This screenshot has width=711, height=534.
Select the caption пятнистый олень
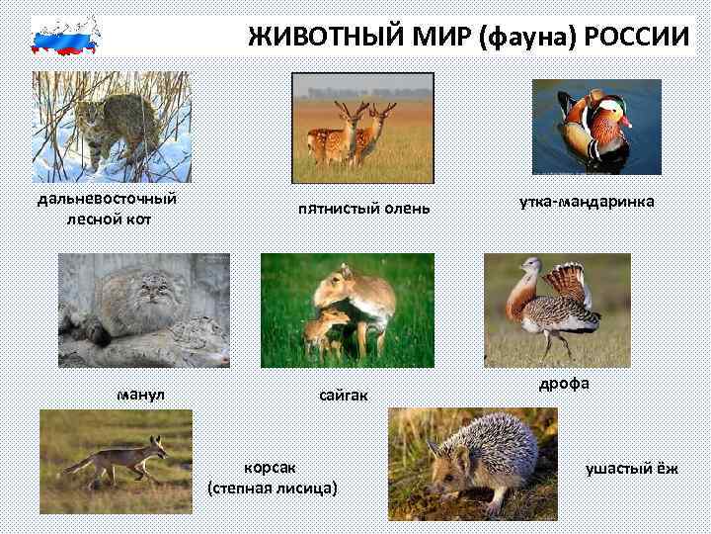pos(364,210)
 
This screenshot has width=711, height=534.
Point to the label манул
pos(141,395)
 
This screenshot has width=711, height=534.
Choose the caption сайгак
pos(344,396)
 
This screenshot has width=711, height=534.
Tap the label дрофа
pos(564,384)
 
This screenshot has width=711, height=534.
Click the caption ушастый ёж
pos(632,468)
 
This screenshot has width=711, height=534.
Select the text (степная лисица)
pos(273,488)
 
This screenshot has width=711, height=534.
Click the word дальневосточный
pos(108,199)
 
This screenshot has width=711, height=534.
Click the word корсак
pos(270,468)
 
